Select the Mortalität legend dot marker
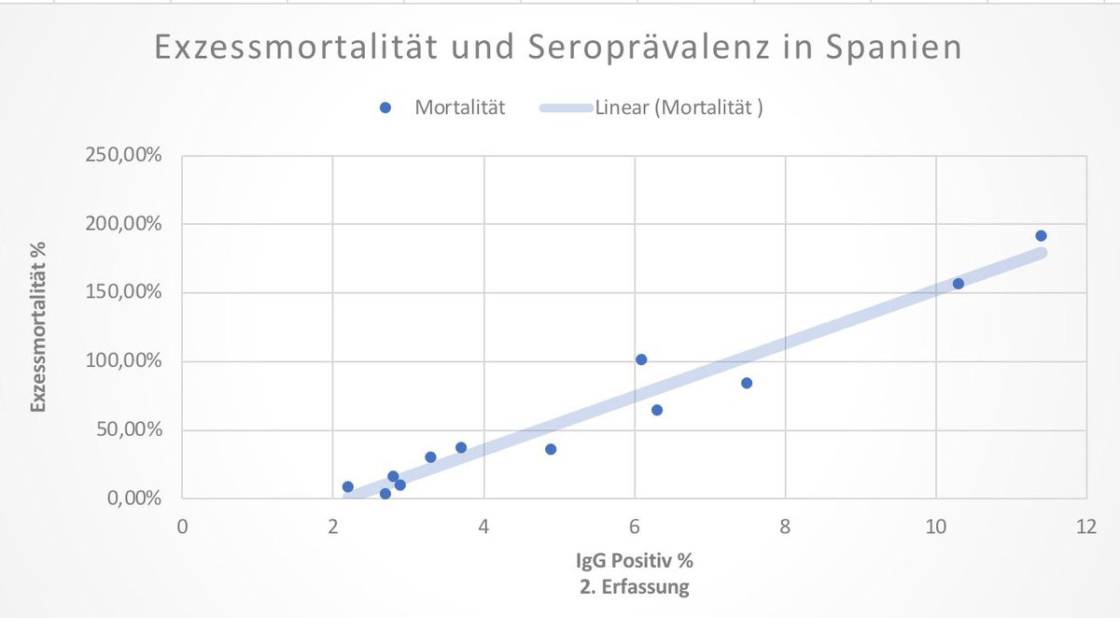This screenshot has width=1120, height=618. [x=385, y=107]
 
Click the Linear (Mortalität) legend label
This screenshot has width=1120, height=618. [x=679, y=107]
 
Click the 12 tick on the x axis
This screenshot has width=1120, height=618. [x=1085, y=525]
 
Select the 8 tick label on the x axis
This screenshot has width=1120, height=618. [x=785, y=525]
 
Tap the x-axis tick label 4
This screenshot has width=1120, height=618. [x=483, y=525]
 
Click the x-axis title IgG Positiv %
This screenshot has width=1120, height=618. [x=634, y=561]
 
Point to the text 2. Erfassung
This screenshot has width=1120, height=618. [x=634, y=587]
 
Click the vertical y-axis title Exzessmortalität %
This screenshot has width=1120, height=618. [x=38, y=326]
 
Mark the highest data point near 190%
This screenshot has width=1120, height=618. [x=1041, y=236]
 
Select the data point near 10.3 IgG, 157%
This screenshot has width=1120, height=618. [x=958, y=284]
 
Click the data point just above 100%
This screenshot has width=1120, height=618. [x=641, y=359]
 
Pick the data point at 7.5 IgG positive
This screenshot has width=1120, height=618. [x=747, y=383]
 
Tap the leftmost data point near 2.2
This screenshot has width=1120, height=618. [x=348, y=486]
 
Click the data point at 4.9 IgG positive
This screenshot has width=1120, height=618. [x=551, y=449]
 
